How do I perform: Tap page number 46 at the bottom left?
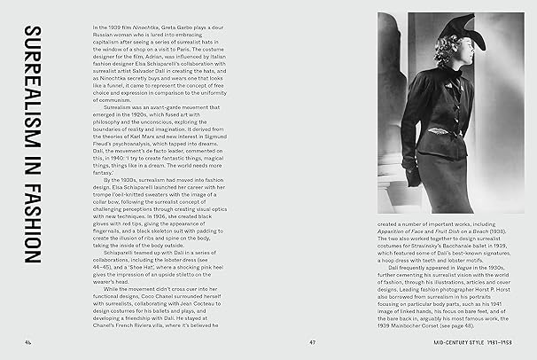[x=29, y=341]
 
